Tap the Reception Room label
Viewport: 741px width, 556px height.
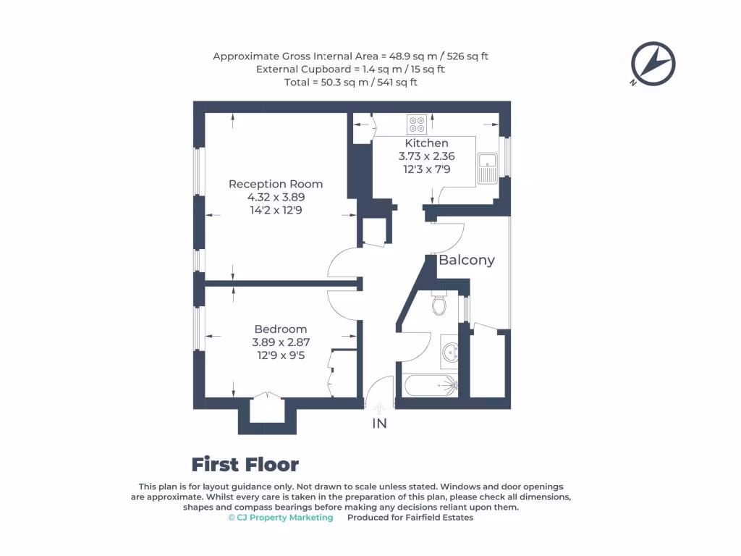pyautogui.click(x=276, y=184)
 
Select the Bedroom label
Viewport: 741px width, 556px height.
pyautogui.click(x=280, y=329)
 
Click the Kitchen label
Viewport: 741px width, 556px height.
pyautogui.click(x=426, y=143)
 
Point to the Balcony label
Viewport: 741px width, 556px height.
pyautogui.click(x=467, y=260)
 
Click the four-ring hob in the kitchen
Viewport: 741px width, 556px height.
pyautogui.click(x=416, y=125)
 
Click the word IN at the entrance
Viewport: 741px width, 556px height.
pyautogui.click(x=379, y=424)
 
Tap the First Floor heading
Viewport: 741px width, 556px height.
pyautogui.click(x=245, y=464)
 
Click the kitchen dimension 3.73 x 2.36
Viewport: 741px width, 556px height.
pyautogui.click(x=426, y=156)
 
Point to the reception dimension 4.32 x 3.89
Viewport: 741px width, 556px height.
pyautogui.click(x=276, y=197)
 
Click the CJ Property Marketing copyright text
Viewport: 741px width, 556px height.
pyautogui.click(x=281, y=518)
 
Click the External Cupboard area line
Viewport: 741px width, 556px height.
pyautogui.click(x=350, y=69)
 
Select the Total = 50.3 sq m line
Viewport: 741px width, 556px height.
pyautogui.click(x=350, y=83)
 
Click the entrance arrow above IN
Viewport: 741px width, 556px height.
pyautogui.click(x=379, y=409)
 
